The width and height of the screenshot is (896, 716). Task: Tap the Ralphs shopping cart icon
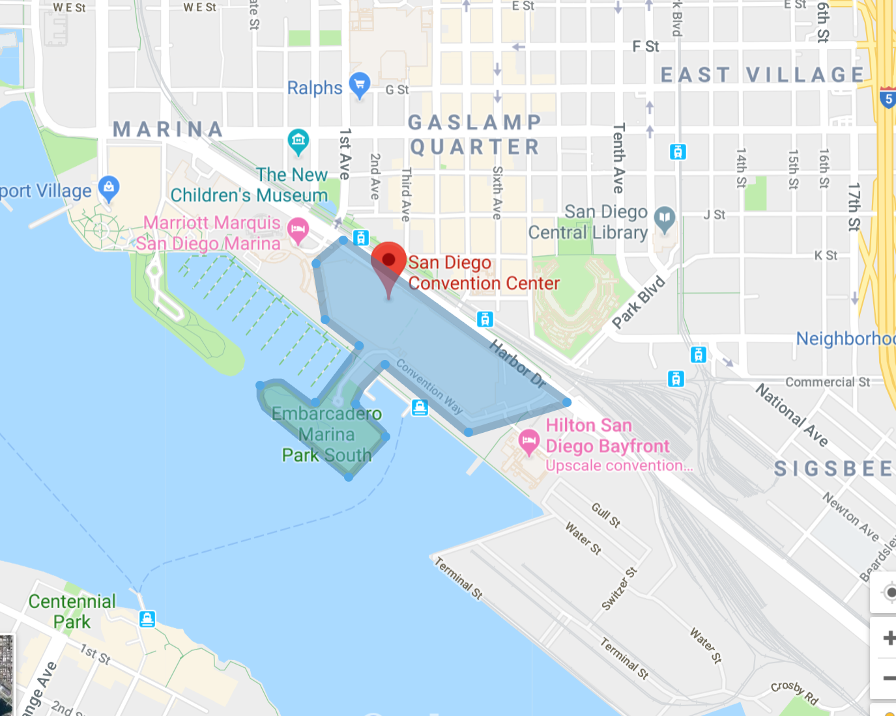click(x=360, y=85)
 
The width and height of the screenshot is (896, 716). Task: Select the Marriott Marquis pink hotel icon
click(x=298, y=230)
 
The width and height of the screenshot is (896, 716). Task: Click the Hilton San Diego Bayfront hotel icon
click(x=528, y=441)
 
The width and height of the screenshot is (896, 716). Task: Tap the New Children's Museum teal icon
click(x=298, y=140)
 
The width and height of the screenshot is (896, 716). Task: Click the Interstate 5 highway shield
click(x=887, y=98)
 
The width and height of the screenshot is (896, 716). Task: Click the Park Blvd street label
click(x=639, y=302)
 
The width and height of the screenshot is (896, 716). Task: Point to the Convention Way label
click(x=429, y=387)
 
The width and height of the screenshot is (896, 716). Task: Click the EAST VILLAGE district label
click(x=762, y=75)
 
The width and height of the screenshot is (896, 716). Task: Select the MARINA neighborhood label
click(x=168, y=130)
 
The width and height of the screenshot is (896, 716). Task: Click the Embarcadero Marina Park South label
click(x=326, y=434)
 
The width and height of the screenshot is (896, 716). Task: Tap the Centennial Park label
click(x=72, y=611)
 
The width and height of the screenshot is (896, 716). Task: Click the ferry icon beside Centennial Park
click(x=147, y=618)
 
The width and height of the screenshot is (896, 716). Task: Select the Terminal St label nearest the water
click(x=459, y=578)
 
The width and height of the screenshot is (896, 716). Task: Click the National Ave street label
click(x=791, y=415)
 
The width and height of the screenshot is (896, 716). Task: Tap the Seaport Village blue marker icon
click(x=109, y=187)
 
